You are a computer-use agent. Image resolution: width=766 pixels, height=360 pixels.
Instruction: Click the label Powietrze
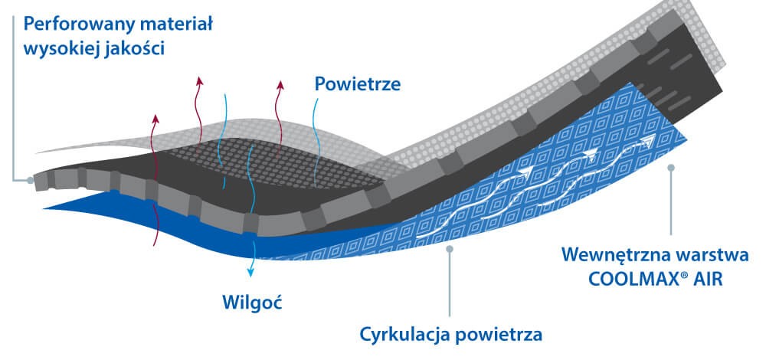pyautogui.click(x=358, y=84)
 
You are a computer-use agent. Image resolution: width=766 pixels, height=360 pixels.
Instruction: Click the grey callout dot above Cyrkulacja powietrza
pyautogui.click(x=449, y=247)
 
